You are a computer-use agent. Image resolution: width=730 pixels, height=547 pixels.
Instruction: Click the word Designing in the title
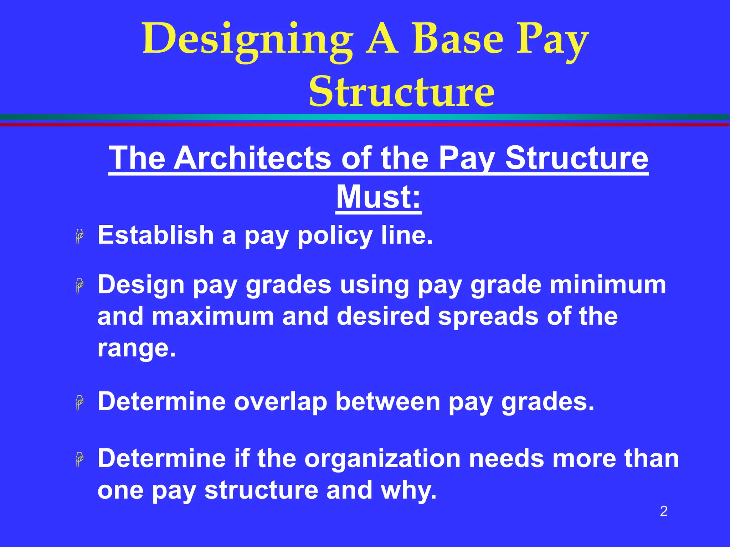click(248, 40)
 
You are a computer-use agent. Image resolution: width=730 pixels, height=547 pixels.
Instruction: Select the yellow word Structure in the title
click(402, 92)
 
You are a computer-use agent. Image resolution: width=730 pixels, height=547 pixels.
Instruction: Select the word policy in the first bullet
click(335, 236)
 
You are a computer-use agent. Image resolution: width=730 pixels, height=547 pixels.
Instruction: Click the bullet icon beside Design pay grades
click(79, 286)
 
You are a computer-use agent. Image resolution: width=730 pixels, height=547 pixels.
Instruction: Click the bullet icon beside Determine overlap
click(79, 402)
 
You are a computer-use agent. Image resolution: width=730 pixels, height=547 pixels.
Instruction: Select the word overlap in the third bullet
click(281, 402)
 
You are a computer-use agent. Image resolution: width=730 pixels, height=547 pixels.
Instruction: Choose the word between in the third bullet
click(388, 401)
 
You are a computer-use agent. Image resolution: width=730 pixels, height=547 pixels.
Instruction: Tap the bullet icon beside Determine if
click(79, 459)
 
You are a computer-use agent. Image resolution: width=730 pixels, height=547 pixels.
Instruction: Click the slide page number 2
click(663, 511)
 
